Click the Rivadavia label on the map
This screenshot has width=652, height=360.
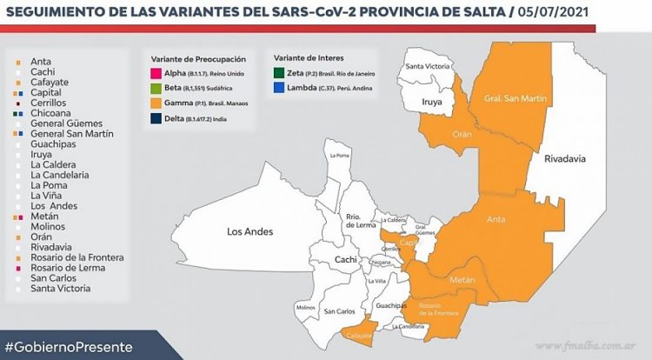click(x=565, y=159)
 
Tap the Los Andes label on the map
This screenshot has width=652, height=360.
click(x=249, y=232)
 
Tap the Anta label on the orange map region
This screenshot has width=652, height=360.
click(x=496, y=219)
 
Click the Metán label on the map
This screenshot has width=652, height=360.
click(x=462, y=280)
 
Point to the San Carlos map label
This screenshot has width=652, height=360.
click(x=338, y=311)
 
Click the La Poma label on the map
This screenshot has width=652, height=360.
click(x=338, y=157)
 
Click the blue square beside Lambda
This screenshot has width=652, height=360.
click(x=279, y=88)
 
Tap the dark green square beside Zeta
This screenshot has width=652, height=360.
click(x=279, y=75)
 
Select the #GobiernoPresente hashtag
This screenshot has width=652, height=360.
click(x=69, y=346)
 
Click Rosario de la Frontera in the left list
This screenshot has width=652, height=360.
click(x=77, y=257)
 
